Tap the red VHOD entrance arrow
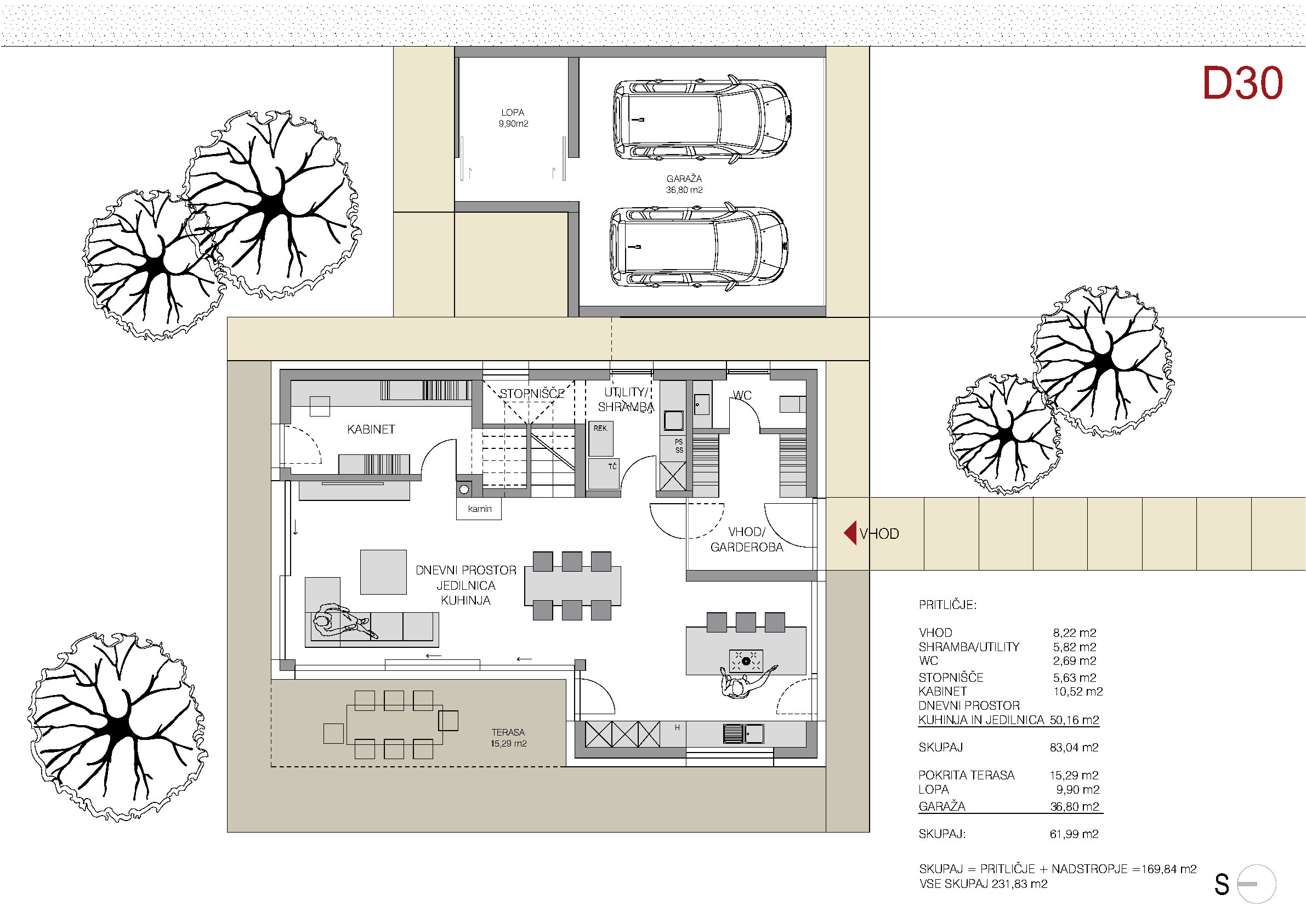pos(850,533)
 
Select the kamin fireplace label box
pos(479,509)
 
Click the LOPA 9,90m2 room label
pos(513,118)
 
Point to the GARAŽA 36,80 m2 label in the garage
pos(684,184)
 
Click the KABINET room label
pos(371,429)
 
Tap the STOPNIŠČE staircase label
pos(532,394)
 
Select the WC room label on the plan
pos(742,395)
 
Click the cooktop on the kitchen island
pos(746,662)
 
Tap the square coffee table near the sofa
pos(383,572)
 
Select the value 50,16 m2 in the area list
pos(1075,720)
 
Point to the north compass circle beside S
pos(1257,884)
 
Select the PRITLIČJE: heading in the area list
pos(947,605)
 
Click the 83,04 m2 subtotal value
pos(1074,748)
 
